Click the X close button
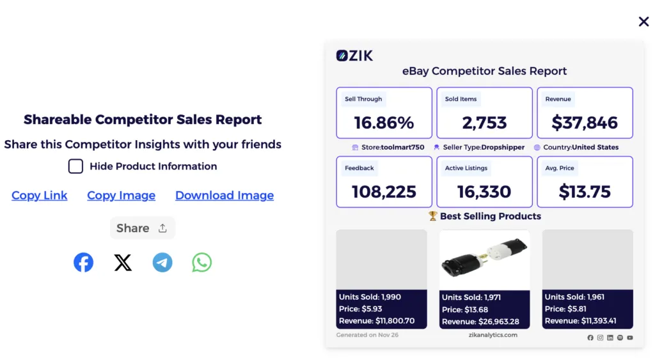[643, 22]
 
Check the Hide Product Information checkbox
[75, 166]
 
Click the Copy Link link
[40, 196]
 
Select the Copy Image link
[121, 196]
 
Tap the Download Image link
[225, 196]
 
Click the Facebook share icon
[83, 262]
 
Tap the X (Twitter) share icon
[123, 262]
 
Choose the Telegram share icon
[162, 262]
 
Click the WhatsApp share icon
[202, 262]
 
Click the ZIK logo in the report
[354, 56]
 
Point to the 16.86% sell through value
[384, 123]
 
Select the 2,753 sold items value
[484, 123]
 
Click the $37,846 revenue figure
[585, 123]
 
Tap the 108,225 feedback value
[384, 191]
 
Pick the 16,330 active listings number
[484, 191]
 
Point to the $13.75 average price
[585, 191]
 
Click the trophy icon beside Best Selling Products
[433, 216]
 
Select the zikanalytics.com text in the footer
[493, 335]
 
